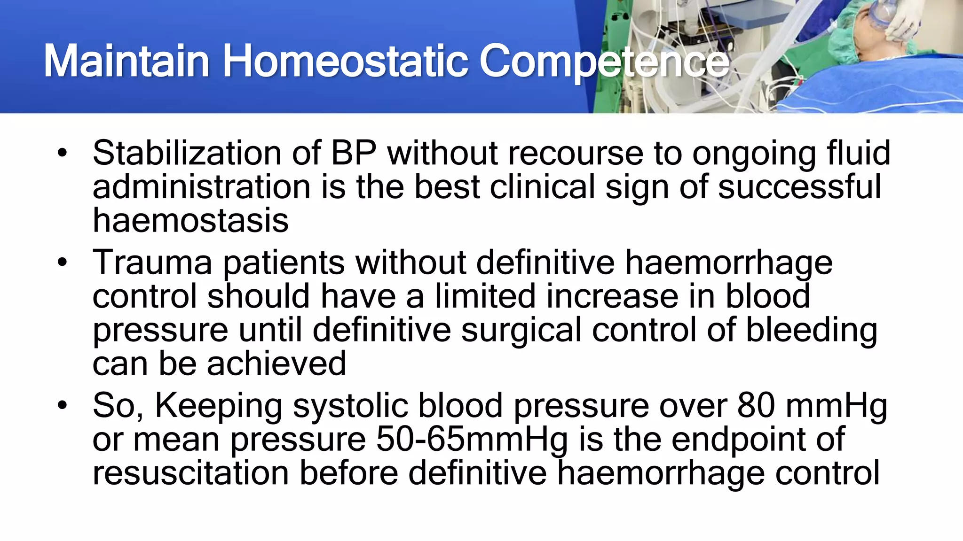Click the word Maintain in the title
pyautogui.click(x=126, y=61)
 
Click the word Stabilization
pyautogui.click(x=187, y=153)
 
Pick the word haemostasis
pyautogui.click(x=190, y=220)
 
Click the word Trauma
pyautogui.click(x=152, y=263)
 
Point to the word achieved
pyautogui.click(x=276, y=363)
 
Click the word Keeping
pyautogui.click(x=219, y=406)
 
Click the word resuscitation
pyautogui.click(x=190, y=473)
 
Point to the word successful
pyautogui.click(x=799, y=187)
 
